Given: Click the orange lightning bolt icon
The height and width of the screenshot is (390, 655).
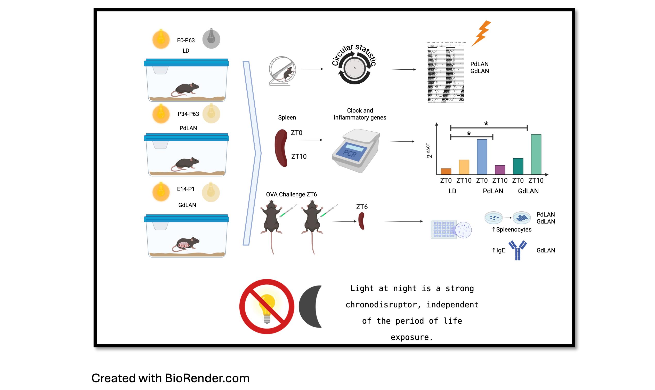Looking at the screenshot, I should (481, 33).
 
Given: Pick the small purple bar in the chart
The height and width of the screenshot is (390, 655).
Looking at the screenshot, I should (500, 170).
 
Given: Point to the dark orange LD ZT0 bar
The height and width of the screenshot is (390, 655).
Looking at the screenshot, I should (446, 171).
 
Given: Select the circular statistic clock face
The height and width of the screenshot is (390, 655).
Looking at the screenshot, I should (354, 68).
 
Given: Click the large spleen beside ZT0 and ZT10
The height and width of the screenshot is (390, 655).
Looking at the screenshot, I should (281, 148).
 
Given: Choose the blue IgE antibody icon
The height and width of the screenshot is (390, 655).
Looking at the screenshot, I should (517, 250).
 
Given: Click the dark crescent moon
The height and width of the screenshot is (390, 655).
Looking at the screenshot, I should (311, 306).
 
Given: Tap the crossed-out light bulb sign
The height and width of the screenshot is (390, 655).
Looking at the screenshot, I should (266, 306).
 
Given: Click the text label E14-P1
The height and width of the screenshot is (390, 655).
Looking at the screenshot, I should (186, 189).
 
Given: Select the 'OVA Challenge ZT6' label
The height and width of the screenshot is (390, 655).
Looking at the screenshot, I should (291, 194).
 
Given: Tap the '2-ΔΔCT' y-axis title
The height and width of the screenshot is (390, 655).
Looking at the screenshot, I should (428, 150).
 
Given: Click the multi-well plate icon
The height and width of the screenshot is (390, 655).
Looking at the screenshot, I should (443, 229).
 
